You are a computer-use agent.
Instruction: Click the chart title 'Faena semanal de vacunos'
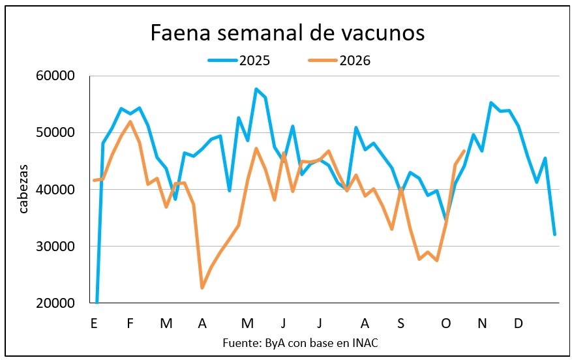(x=288, y=33)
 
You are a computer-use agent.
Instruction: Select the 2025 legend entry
(x=239, y=61)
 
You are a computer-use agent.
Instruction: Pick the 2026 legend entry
(x=339, y=61)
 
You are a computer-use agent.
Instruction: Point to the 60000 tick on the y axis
(x=55, y=76)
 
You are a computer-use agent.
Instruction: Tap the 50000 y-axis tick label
(x=55, y=132)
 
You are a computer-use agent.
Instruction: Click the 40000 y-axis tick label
(x=55, y=189)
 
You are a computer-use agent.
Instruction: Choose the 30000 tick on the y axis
(x=55, y=247)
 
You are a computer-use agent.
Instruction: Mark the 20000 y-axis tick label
(x=55, y=303)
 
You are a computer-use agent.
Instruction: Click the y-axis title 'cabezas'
(x=23, y=189)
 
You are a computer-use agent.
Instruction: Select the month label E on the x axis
(x=94, y=323)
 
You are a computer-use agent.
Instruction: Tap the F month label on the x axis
(x=130, y=323)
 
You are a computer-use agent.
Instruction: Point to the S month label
(x=400, y=323)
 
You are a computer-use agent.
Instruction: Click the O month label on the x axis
(x=445, y=323)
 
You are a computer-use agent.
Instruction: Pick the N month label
(x=482, y=323)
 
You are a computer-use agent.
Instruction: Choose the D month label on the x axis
(x=518, y=323)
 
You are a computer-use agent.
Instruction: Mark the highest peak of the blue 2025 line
(x=256, y=89)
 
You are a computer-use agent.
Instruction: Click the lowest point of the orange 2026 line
(x=202, y=288)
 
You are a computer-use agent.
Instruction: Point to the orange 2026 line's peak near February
(x=130, y=121)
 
